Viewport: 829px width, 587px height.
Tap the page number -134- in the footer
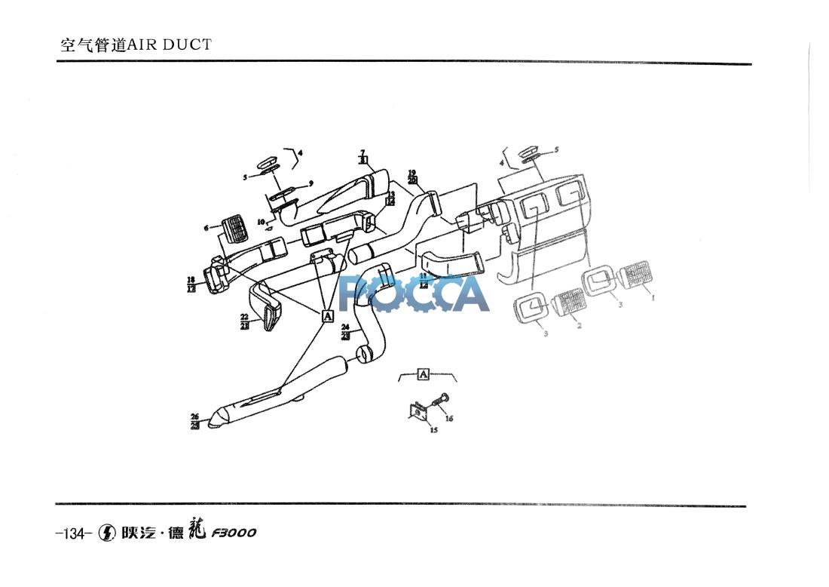pos(74,533)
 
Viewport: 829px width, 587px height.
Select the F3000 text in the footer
pos(234,533)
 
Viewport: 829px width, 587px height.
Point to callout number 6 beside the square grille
pos(206,228)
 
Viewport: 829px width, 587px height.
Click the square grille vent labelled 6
pos(236,228)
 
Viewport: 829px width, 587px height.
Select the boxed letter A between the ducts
pos(328,316)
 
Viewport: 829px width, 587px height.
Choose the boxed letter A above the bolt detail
pos(424,373)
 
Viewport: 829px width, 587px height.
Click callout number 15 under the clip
pos(433,430)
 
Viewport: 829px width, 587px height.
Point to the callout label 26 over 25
pos(194,421)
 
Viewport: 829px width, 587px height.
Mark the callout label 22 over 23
pos(244,321)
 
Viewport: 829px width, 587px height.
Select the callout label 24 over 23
pos(345,331)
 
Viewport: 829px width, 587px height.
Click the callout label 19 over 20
pos(411,177)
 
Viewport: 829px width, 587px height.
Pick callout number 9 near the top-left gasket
pos(311,183)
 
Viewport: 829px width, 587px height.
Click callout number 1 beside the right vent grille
pos(653,297)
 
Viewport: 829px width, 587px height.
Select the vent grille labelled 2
pos(571,303)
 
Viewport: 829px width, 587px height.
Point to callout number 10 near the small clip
pos(261,222)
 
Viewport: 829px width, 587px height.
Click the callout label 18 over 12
pos(191,284)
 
